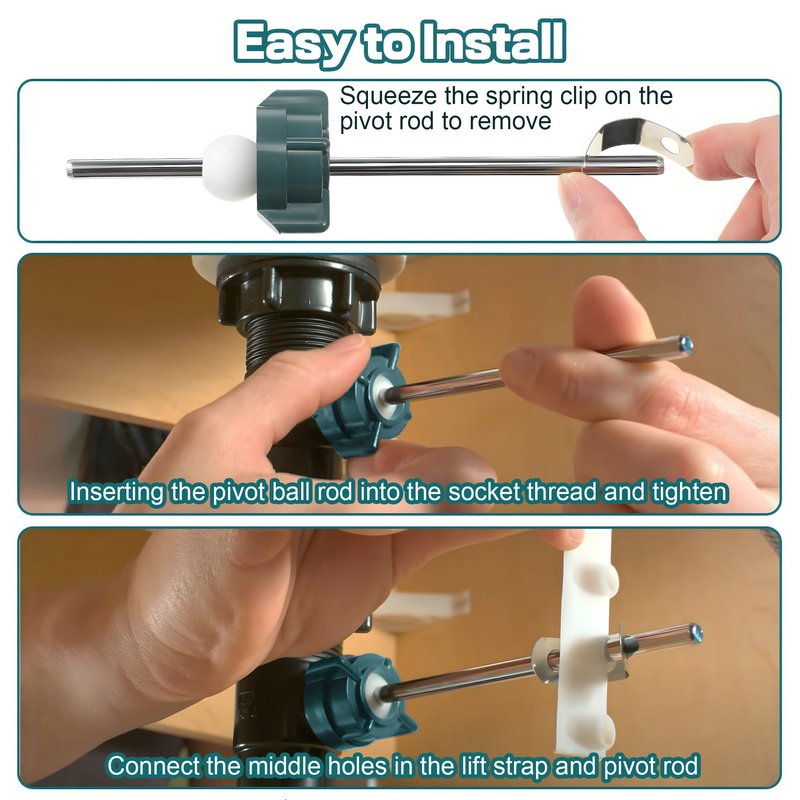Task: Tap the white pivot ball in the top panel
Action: tap(230, 168)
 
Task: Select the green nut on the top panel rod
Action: tap(293, 161)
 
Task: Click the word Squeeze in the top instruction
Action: tap(388, 97)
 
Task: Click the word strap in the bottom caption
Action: tap(515, 767)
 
